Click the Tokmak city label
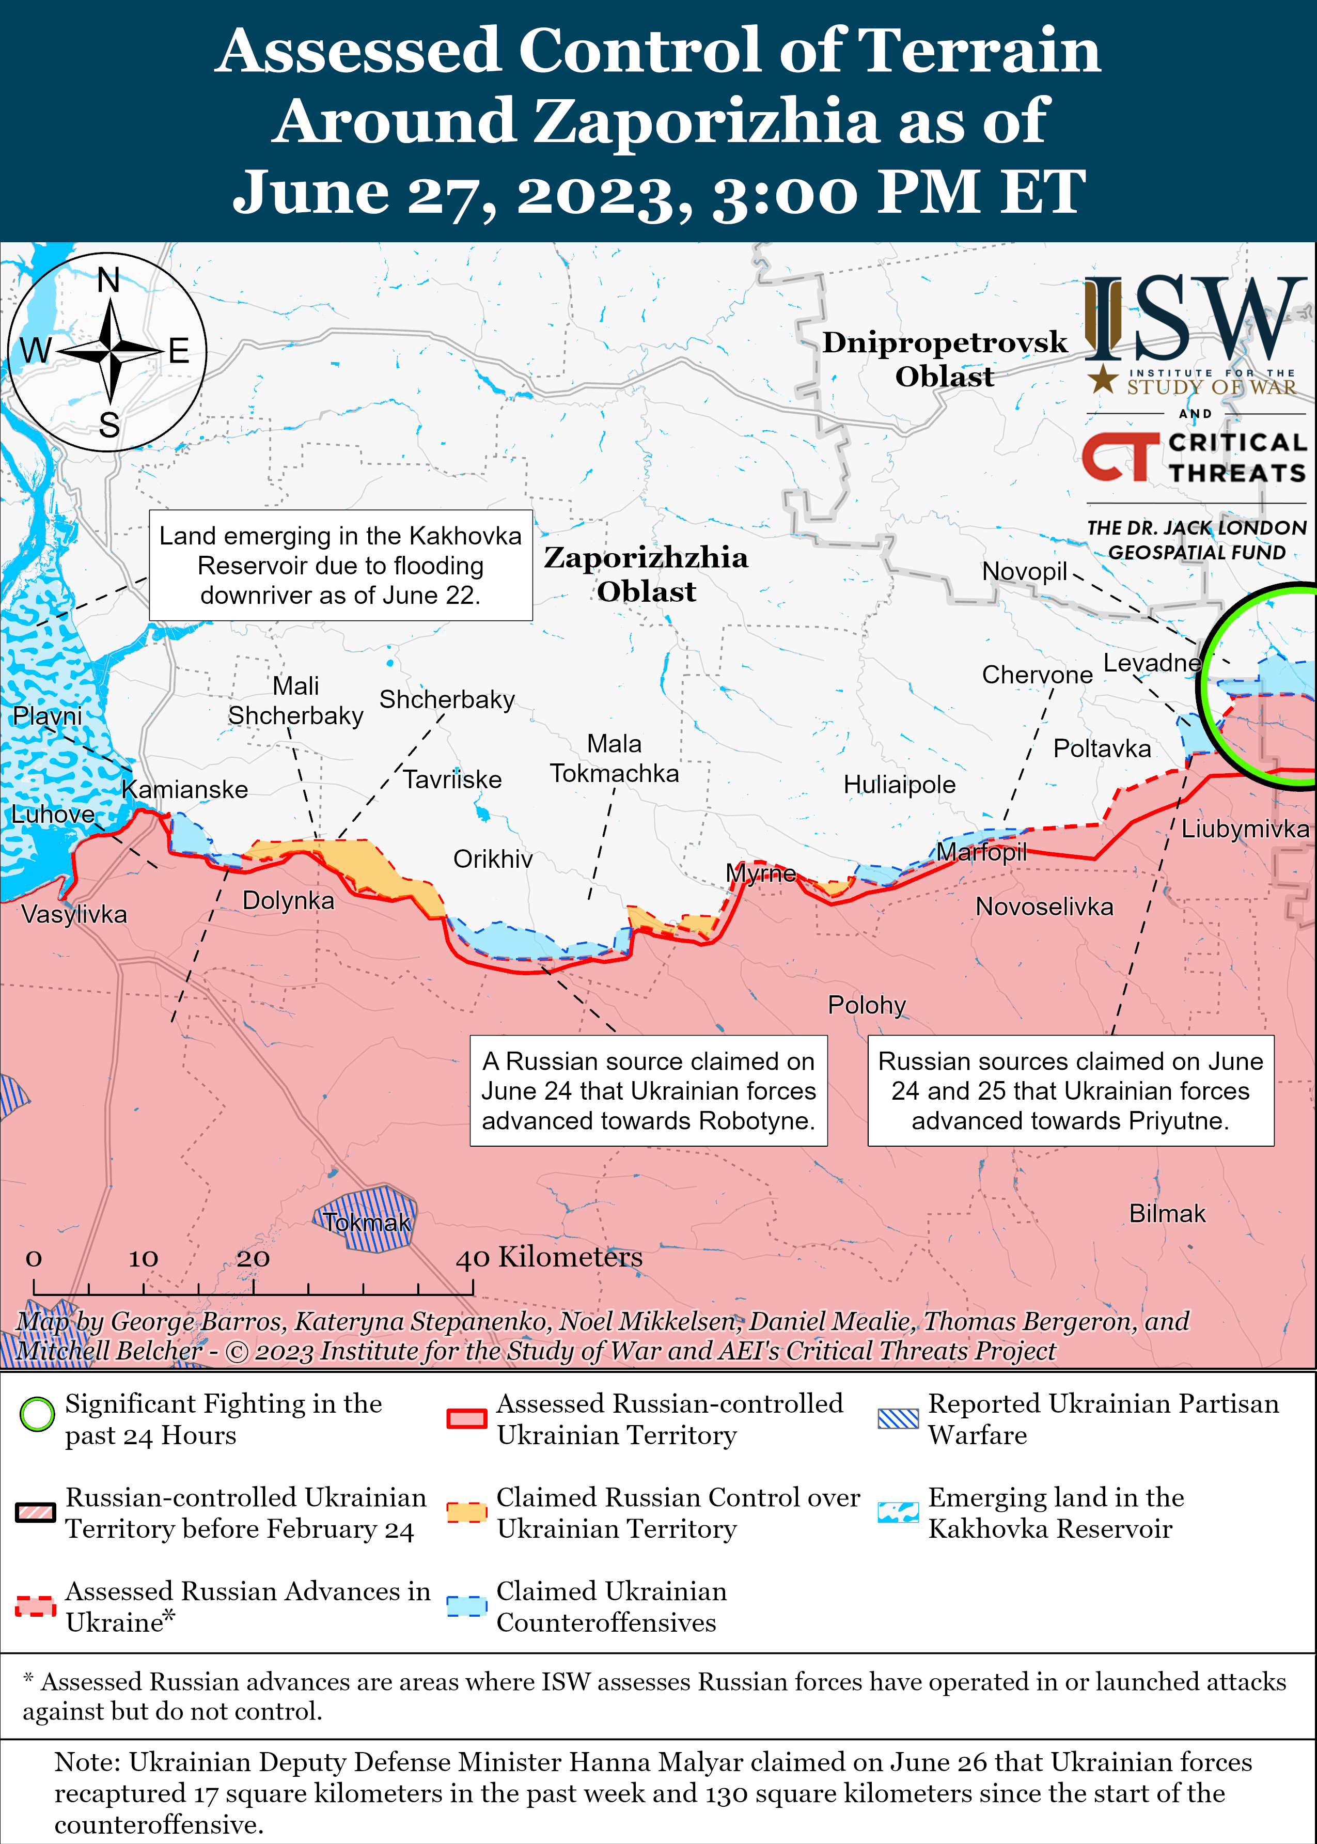[x=367, y=1222]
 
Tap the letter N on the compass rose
[x=108, y=280]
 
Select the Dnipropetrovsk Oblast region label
[x=944, y=358]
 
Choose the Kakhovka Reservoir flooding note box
[x=340, y=565]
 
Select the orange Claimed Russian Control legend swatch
[x=466, y=1512]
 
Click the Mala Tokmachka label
[x=614, y=758]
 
